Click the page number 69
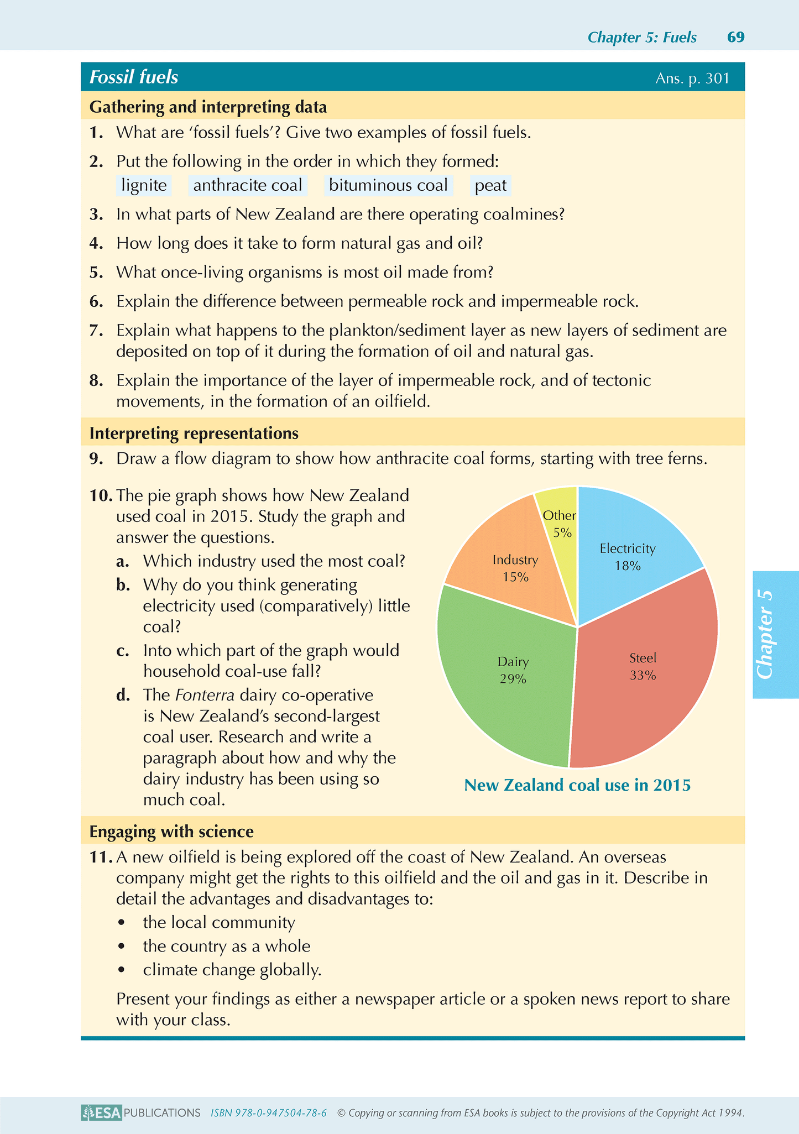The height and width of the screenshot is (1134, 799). (736, 37)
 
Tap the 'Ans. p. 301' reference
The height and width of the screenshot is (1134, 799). (692, 79)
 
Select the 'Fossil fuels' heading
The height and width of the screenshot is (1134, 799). (134, 77)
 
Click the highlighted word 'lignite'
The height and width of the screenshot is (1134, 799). (144, 185)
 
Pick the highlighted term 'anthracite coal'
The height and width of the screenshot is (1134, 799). (248, 185)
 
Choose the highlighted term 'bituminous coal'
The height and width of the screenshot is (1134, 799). (388, 185)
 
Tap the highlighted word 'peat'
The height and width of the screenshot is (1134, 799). (490, 185)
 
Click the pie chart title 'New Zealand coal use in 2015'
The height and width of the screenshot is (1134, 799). (577, 785)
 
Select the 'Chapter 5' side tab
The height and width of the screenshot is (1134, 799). (775, 634)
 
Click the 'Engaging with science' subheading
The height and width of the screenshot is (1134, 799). (171, 832)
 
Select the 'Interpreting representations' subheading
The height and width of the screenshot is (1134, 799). (194, 433)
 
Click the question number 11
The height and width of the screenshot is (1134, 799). (100, 858)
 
